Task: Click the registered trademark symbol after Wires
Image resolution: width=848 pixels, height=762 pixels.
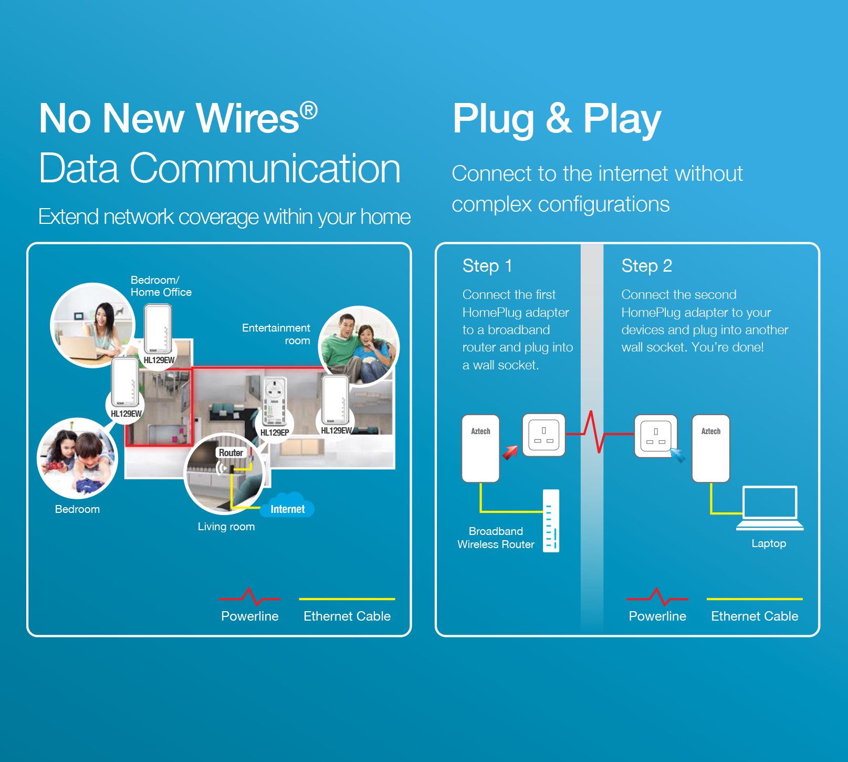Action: [x=309, y=111]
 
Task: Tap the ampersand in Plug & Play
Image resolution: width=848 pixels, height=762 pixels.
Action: [x=558, y=118]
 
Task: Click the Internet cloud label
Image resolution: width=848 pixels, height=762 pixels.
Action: [x=287, y=509]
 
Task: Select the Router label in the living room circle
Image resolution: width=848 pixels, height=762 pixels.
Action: [x=231, y=452]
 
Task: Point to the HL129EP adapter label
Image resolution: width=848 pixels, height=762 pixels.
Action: [x=275, y=433]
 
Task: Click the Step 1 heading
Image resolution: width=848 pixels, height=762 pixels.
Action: [x=487, y=266]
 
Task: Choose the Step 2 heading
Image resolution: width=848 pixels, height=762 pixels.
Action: [x=646, y=266]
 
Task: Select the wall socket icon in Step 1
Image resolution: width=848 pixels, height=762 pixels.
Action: [x=543, y=435]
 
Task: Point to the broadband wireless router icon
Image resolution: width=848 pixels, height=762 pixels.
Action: [x=551, y=520]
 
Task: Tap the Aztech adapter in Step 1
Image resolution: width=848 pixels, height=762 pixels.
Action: [x=480, y=448]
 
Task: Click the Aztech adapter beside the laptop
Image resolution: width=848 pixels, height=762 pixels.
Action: [x=710, y=448]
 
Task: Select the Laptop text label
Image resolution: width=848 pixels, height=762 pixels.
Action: [x=769, y=543]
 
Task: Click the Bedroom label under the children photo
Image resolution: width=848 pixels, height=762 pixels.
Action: [x=77, y=509]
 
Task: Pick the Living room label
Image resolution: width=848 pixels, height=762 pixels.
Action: [x=226, y=527]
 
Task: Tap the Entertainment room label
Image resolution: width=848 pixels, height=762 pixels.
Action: [x=277, y=334]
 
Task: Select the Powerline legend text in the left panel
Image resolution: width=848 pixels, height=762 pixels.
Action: [x=250, y=616]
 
